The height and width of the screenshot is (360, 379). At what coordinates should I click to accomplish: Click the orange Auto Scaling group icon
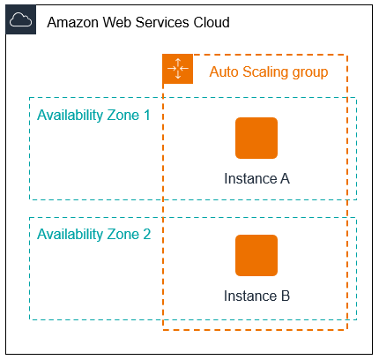(178, 69)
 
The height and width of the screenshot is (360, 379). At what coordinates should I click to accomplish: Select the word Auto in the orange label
(223, 71)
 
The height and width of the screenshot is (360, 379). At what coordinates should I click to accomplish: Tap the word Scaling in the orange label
(264, 71)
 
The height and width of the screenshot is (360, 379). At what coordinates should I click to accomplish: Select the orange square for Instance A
(256, 138)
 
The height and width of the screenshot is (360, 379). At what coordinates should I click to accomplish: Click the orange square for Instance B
(256, 256)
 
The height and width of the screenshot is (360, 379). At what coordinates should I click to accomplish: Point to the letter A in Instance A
(285, 179)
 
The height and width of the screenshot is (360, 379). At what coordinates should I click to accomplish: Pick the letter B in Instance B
(285, 296)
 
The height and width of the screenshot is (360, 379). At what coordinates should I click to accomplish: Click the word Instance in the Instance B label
(249, 296)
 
